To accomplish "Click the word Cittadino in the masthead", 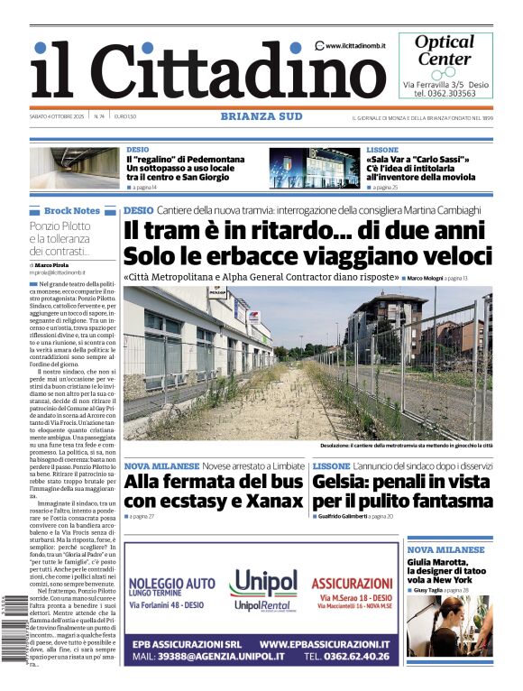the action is tap(225, 70).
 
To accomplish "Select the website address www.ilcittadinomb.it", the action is tap(358, 46).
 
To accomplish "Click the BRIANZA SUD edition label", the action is tap(261, 115).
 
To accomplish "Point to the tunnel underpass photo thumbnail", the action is tap(75, 168).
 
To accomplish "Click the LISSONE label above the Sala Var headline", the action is tap(382, 150).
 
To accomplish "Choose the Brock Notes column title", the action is tap(72, 210).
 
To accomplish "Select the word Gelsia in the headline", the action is tap(342, 481).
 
